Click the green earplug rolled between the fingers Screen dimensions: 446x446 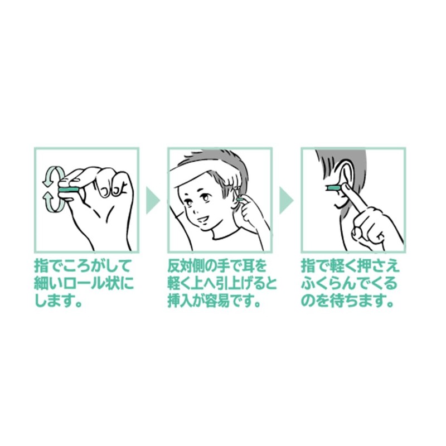(68, 190)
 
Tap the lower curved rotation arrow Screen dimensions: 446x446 (54, 202)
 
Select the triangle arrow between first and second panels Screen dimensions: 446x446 (152, 200)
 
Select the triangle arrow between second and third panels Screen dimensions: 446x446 (286, 200)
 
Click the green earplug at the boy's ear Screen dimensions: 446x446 (239, 200)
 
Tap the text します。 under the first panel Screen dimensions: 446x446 (59, 300)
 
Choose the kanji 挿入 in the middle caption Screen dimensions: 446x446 (181, 300)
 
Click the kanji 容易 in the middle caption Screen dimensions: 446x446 (221, 300)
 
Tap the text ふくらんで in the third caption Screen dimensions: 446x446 (336, 283)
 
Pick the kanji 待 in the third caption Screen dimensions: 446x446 (336, 300)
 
